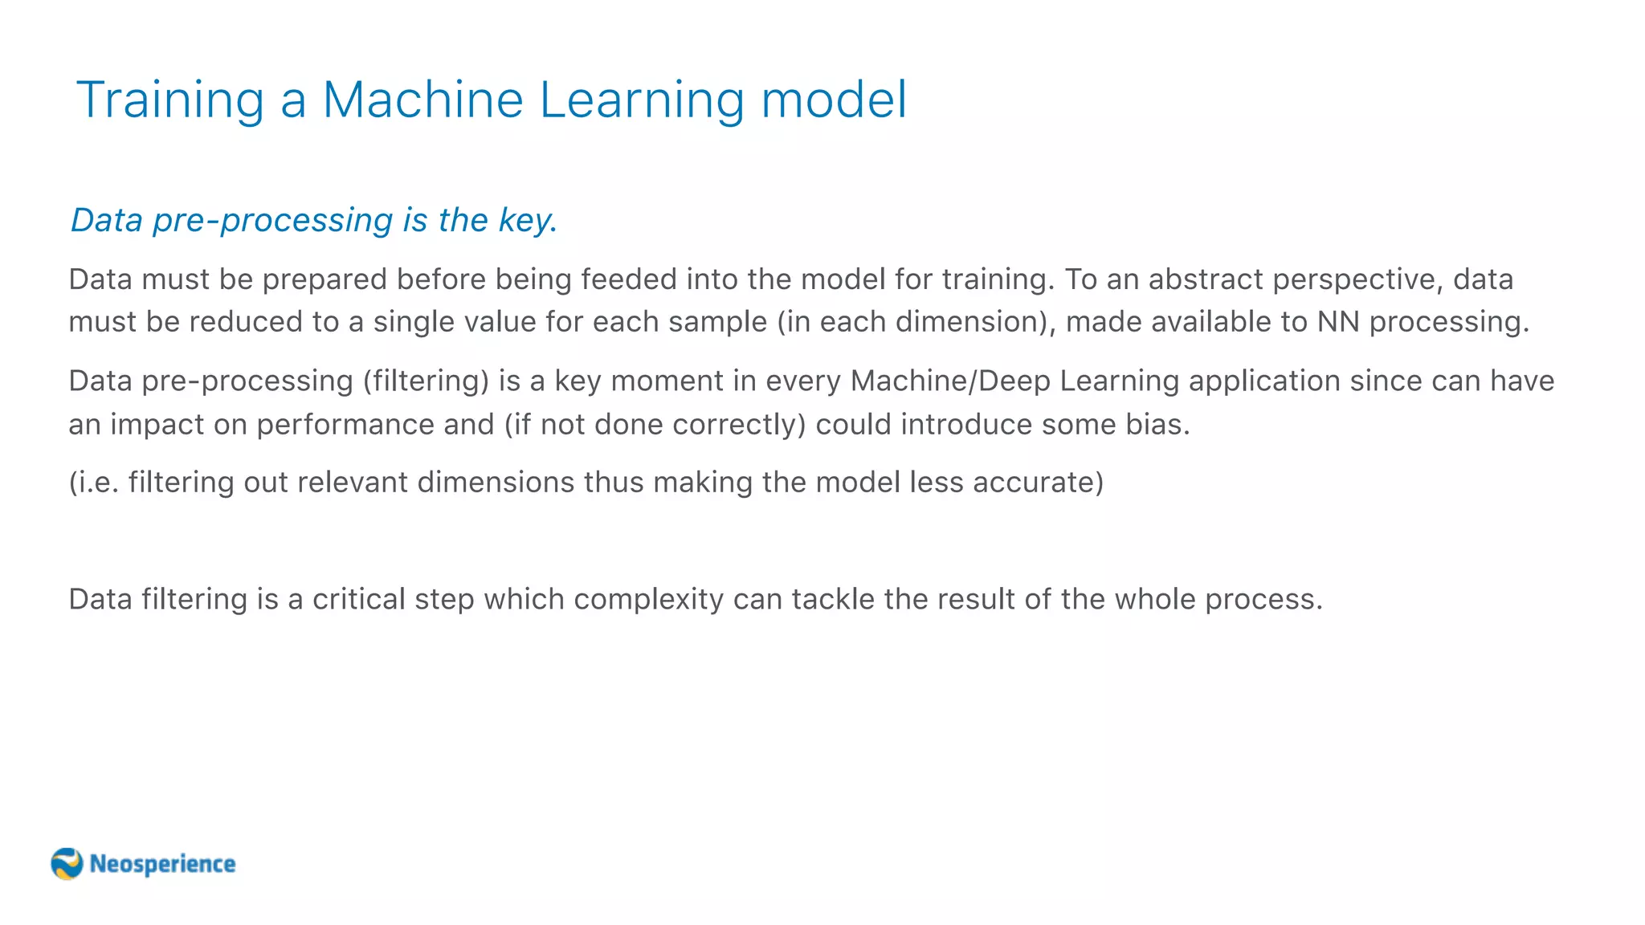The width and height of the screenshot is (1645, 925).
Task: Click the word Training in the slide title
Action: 170,100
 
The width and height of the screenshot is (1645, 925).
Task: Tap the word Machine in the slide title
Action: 422,100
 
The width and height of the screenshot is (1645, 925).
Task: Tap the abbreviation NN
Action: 1338,322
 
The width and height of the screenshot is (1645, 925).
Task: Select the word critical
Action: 358,599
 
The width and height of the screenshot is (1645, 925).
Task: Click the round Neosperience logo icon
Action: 67,864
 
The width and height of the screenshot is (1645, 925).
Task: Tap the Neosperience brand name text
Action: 162,864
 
